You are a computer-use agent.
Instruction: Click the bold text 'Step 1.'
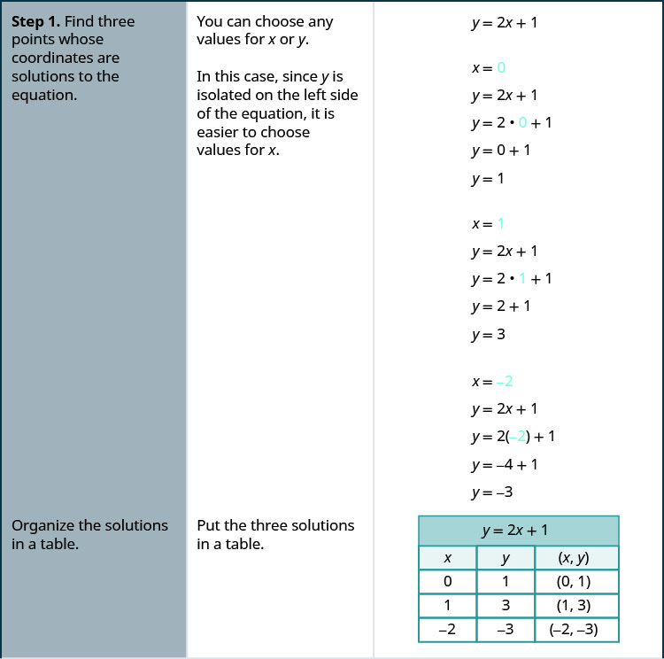point(36,21)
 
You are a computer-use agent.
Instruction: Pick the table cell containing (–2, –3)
point(576,630)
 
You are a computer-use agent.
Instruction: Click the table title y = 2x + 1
point(518,531)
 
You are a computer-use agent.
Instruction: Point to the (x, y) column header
point(576,558)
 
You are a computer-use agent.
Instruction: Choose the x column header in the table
point(447,558)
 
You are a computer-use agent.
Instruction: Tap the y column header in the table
point(506,558)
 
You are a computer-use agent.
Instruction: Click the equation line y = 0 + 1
point(501,151)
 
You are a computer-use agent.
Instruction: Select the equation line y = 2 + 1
point(501,306)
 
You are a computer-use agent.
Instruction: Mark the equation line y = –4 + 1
point(504,464)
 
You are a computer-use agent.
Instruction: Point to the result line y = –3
point(492,492)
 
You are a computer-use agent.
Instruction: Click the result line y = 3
point(489,335)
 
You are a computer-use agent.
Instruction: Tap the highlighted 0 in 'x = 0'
point(501,67)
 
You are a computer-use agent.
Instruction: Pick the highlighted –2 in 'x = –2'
point(505,382)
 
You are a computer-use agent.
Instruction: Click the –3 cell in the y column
point(506,630)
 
